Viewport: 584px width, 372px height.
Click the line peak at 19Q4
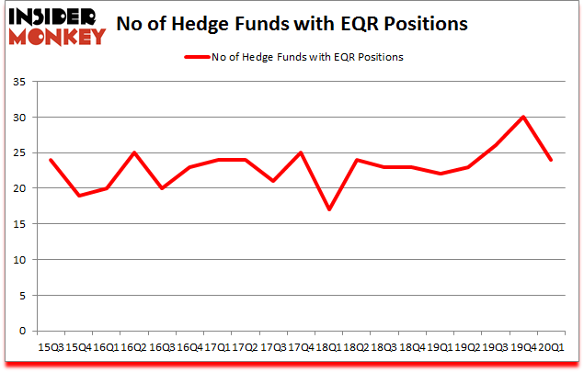click(522, 117)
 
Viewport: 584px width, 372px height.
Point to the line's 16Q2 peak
click(135, 152)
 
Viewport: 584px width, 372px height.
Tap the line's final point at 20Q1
click(550, 160)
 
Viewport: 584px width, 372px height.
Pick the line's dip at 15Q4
click(80, 196)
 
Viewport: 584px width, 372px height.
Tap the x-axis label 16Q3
click(163, 346)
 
